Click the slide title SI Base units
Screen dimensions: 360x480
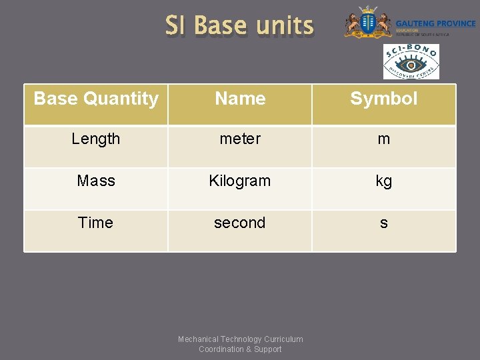(239, 26)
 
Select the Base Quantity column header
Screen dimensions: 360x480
(96, 99)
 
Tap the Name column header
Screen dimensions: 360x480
(240, 99)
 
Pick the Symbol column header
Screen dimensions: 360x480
(383, 99)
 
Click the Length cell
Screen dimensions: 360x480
(96, 139)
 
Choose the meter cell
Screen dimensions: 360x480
(240, 139)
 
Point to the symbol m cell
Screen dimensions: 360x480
(383, 139)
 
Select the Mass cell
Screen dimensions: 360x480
(96, 181)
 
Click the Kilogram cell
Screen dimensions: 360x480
(240, 181)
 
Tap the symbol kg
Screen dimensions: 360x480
(383, 181)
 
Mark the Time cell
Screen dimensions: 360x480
(96, 223)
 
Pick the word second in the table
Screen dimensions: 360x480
(240, 223)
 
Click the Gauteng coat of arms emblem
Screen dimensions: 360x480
(367, 23)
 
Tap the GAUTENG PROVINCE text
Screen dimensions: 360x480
(435, 23)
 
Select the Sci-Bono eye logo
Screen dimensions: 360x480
(411, 63)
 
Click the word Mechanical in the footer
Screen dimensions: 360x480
(198, 339)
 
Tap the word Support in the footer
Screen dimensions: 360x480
(268, 349)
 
